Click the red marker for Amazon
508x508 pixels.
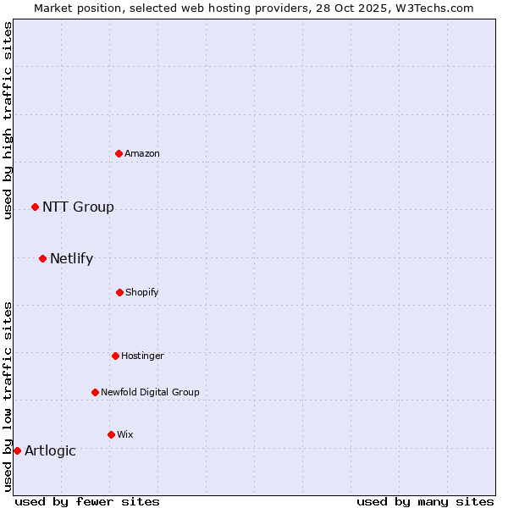pyautogui.click(x=119, y=153)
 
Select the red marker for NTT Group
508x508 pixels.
pyautogui.click(x=35, y=207)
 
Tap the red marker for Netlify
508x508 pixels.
pyautogui.click(x=42, y=258)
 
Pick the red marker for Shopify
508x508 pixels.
pyautogui.click(x=119, y=292)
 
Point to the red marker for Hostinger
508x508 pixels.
pyautogui.click(x=115, y=356)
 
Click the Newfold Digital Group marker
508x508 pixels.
pyautogui.click(x=95, y=392)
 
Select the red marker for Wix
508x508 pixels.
pyautogui.click(x=111, y=434)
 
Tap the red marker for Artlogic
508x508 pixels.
pyautogui.click(x=17, y=450)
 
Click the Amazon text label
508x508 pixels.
pyautogui.click(x=142, y=153)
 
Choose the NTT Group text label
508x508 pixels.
pyautogui.click(x=78, y=207)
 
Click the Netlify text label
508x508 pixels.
pyautogui.click(x=71, y=258)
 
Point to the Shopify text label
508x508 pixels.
pyautogui.click(x=142, y=292)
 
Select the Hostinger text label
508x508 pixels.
pyautogui.click(x=142, y=356)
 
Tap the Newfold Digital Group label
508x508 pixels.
pyautogui.click(x=150, y=392)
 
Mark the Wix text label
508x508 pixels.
pyautogui.click(x=125, y=434)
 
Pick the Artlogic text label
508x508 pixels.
pyautogui.click(x=50, y=450)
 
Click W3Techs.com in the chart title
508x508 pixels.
pyautogui.click(x=432, y=8)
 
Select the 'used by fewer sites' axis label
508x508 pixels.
pyautogui.click(x=87, y=501)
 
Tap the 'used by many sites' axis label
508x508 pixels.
pyautogui.click(x=425, y=501)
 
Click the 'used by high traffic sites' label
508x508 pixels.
pyautogui.click(x=8, y=120)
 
